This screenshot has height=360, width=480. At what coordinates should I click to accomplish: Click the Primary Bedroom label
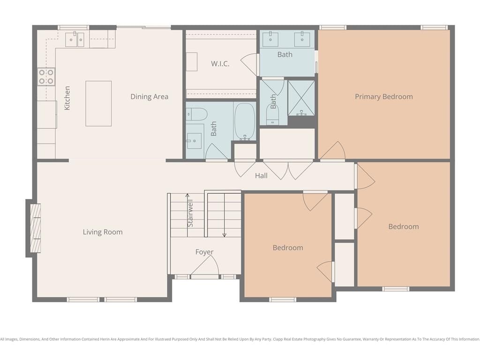[x=384, y=97]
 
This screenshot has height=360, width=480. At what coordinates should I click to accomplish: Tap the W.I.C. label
[x=220, y=64]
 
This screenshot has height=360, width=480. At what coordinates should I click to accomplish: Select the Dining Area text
[x=150, y=97]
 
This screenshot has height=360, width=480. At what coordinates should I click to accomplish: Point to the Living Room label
[x=103, y=232]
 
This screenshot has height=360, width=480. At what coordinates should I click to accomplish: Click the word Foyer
[x=204, y=252]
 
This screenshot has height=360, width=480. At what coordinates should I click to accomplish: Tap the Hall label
[x=261, y=176]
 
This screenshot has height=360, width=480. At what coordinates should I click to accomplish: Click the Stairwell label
[x=190, y=213]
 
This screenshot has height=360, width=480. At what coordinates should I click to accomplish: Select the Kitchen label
[x=67, y=98]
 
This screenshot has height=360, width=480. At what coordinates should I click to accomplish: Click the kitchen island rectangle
[x=98, y=104]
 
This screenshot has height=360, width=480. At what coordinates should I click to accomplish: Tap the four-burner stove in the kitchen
[x=46, y=77]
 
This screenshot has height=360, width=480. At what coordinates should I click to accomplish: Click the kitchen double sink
[x=75, y=40]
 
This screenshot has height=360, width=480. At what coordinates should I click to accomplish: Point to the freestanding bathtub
[x=245, y=122]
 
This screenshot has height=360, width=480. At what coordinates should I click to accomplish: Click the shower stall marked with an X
[x=301, y=98]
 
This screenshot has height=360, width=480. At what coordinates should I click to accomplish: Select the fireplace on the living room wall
[x=36, y=228]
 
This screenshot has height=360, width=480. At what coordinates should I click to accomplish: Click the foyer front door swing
[x=205, y=265]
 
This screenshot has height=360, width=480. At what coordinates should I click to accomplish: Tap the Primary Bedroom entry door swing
[x=332, y=150]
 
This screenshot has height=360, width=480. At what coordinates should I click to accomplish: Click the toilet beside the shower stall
[x=272, y=115]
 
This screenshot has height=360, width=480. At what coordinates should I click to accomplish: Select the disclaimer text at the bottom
[x=240, y=339]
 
